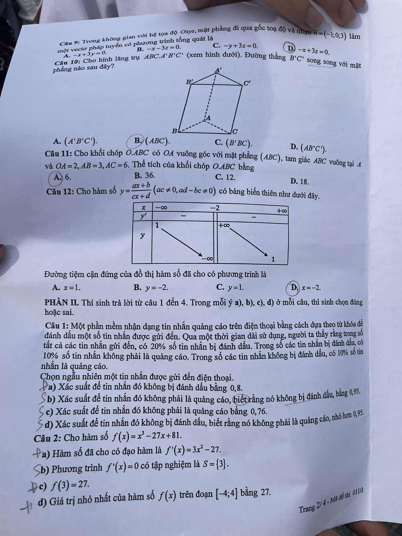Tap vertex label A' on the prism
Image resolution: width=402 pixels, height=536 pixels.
click(218, 70)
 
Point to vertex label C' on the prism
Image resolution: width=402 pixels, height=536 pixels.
click(247, 83)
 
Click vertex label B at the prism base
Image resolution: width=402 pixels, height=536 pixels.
click(174, 131)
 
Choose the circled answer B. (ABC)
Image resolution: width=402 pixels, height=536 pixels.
click(137, 141)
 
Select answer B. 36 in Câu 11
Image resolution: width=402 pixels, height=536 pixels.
click(144, 175)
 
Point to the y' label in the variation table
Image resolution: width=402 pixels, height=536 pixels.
click(143, 217)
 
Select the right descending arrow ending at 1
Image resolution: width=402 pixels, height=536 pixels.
click(249, 242)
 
